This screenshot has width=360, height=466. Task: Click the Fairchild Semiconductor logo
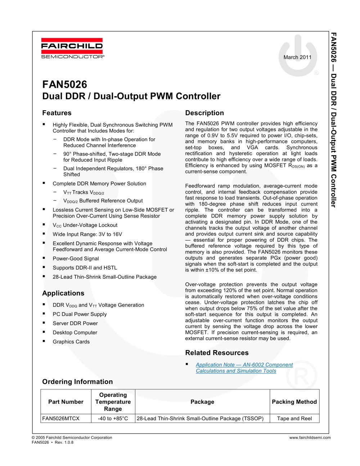pos(72,48)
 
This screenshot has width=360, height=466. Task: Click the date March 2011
pos(297,57)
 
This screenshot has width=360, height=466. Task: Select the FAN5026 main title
pos(65,84)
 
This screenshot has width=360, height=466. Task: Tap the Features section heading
pos(57,113)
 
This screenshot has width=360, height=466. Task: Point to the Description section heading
pos(204,113)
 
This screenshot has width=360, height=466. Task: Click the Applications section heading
pos(63,293)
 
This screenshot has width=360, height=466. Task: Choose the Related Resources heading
pos(217,353)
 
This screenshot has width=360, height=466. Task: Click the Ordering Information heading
pos(77,382)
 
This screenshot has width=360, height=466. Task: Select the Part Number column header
pos(66,402)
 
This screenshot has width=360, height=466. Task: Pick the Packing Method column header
pos(294,402)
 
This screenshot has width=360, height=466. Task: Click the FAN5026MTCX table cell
pos(61,418)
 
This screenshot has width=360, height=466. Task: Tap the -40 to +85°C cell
pos(113,418)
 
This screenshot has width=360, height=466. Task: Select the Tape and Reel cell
pos(294,418)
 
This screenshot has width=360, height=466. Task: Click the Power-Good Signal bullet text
pos(76,259)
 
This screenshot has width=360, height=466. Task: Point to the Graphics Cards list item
pos(71,342)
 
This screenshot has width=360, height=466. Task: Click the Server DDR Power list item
pos(75,323)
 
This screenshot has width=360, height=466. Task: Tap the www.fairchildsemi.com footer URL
pos(310,438)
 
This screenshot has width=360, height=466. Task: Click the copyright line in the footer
pos(72,438)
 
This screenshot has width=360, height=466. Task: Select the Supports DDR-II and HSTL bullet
pos(85,268)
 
